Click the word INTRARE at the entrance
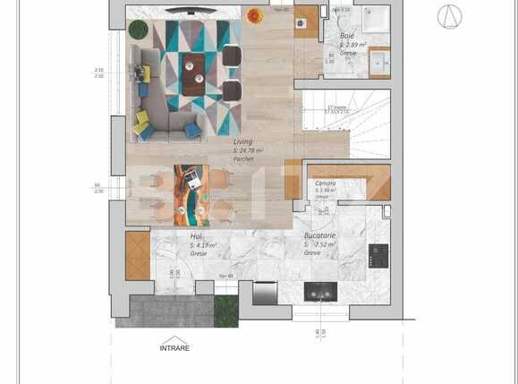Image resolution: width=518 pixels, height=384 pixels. [x=174, y=348]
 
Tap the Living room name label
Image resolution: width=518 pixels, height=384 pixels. [x=242, y=142]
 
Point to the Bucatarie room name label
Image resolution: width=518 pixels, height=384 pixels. [x=319, y=235]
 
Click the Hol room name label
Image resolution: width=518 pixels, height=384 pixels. [x=196, y=236]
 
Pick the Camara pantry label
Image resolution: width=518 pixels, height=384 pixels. [x=325, y=183]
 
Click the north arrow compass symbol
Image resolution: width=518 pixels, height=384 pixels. [x=450, y=16]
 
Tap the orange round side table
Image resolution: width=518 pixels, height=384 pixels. [x=255, y=15]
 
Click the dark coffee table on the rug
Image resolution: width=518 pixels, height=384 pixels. [x=193, y=73]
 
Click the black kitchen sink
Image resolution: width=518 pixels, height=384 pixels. [x=320, y=292]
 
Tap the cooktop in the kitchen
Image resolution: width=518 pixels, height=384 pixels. [x=378, y=256]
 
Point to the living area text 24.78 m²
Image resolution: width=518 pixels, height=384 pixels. [x=241, y=150]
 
